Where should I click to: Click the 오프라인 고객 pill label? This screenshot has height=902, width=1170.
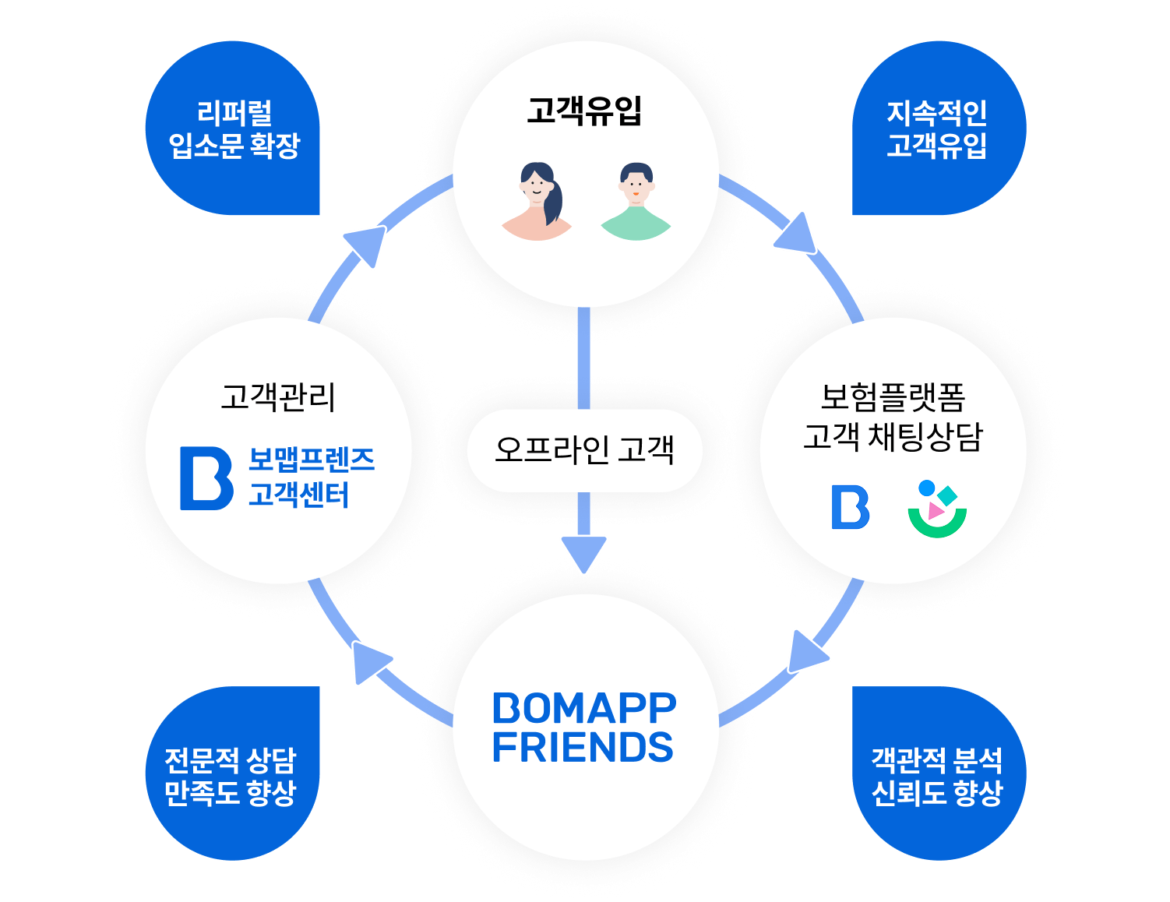tap(584, 450)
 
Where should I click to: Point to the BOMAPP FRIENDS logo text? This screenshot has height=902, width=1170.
tap(584, 728)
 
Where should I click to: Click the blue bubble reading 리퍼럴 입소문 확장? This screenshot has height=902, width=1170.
tap(234, 129)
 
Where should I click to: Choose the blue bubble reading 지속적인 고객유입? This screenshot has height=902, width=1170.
tap(937, 129)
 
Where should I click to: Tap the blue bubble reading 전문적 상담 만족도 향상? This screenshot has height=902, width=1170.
tap(231, 775)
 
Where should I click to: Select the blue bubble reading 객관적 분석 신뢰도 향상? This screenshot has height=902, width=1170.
tap(937, 775)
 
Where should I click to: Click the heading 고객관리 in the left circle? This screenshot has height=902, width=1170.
tap(278, 396)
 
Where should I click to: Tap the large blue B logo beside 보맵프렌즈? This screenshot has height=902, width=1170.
tap(206, 478)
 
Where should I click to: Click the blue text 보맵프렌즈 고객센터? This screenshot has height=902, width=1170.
tap(311, 477)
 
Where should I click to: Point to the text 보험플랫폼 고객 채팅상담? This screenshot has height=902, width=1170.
tap(893, 416)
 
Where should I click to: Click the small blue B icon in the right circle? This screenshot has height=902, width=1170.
tap(851, 507)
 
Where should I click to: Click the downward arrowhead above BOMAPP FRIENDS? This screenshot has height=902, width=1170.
tap(584, 552)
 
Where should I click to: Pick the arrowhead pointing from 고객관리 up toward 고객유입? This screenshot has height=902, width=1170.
tap(368, 245)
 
